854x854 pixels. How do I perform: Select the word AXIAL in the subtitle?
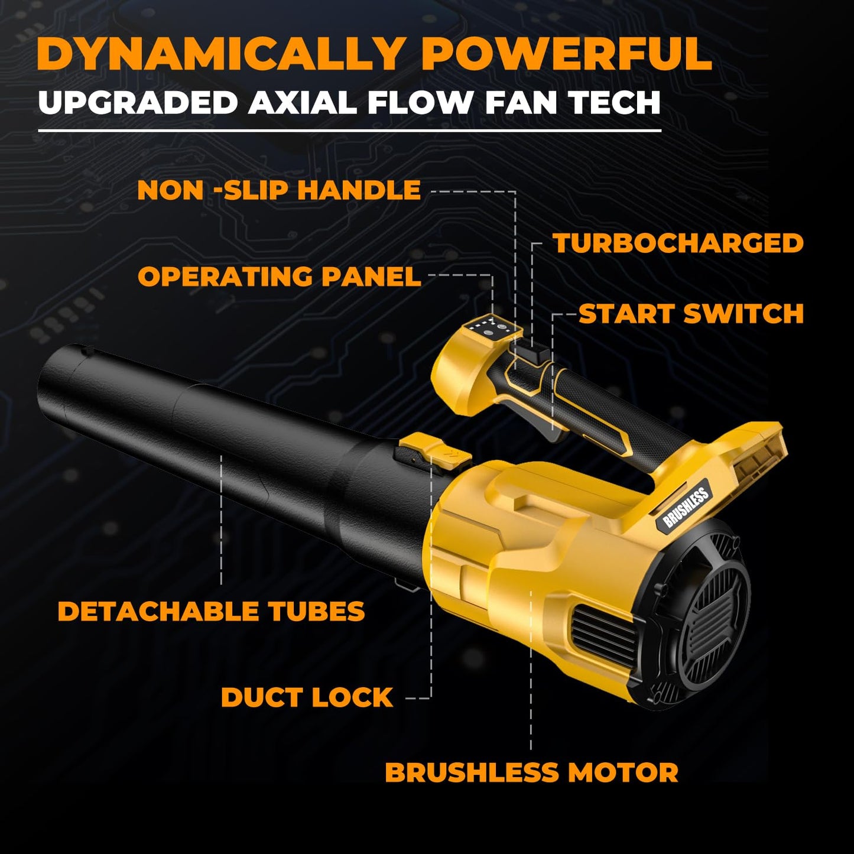(x=302, y=103)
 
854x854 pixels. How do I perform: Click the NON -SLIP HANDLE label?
(x=278, y=190)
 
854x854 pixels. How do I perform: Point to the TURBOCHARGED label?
(x=678, y=243)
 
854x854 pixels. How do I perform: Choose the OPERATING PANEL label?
(x=279, y=277)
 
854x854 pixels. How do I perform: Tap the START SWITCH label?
(x=691, y=314)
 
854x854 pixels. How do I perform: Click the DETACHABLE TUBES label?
(x=211, y=611)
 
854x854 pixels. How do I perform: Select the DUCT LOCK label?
(x=307, y=697)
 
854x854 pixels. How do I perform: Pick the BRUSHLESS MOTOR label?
(x=531, y=772)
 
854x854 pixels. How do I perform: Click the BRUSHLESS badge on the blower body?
(x=686, y=507)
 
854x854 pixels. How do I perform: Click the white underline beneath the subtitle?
(x=349, y=131)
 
